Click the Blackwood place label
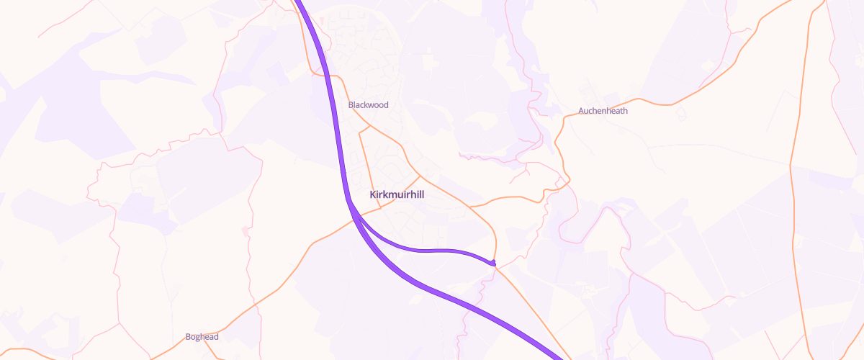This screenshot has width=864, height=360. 368,105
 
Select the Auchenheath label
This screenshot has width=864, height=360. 603,111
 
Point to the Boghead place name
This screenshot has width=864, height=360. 202,337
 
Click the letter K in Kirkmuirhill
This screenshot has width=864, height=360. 372,195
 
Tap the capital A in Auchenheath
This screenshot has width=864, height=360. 581,111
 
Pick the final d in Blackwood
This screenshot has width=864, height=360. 386,105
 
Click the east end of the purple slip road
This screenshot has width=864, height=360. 494,263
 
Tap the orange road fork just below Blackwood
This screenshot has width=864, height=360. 370,126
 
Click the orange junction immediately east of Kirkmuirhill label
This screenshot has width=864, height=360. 420,175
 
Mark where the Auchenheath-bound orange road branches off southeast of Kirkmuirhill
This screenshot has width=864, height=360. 469,207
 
